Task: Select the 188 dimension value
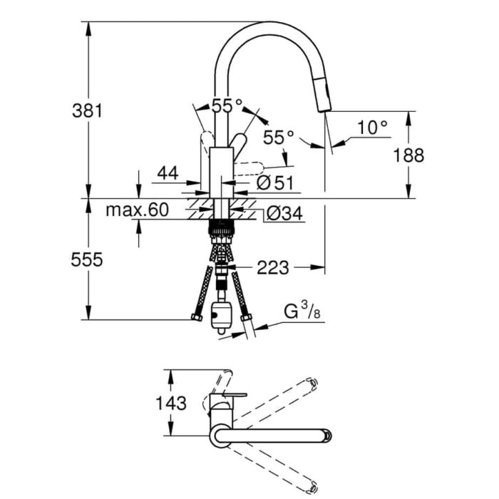point(409,155)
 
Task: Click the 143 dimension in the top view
point(171,403)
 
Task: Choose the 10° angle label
point(372,128)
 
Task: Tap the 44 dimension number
point(167,173)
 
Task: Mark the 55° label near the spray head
point(279,137)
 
